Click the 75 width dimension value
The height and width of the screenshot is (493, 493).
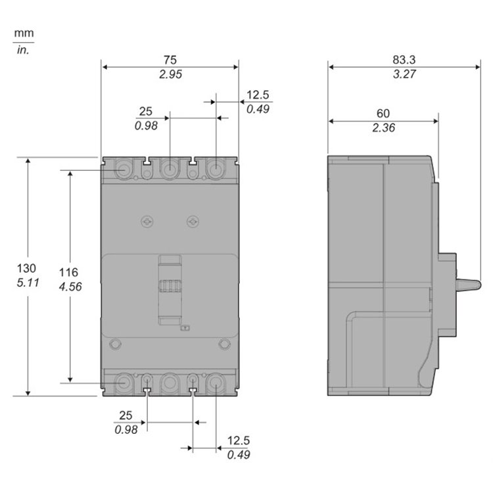coord(170,59)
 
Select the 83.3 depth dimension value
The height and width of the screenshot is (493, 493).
coord(404,59)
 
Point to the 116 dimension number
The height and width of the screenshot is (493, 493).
coord(68,272)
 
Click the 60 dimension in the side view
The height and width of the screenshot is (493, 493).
coord(383,114)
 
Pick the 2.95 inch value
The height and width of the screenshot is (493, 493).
coord(170,74)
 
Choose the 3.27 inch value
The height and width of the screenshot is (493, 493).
coord(404,74)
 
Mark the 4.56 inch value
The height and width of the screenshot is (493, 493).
coord(69,287)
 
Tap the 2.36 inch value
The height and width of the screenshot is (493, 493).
coord(383,129)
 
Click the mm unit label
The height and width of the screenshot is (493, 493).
coord(24,33)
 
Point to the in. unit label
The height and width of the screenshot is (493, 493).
coord(24,48)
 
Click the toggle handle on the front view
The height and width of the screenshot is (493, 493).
coord(170,289)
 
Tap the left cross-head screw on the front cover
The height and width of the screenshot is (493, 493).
coord(147,222)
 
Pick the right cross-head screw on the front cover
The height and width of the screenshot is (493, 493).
coord(192,222)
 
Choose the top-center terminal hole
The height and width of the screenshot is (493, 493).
coord(170,170)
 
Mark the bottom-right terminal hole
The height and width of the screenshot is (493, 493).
coord(215,382)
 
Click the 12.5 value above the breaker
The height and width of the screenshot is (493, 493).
coord(258,95)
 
